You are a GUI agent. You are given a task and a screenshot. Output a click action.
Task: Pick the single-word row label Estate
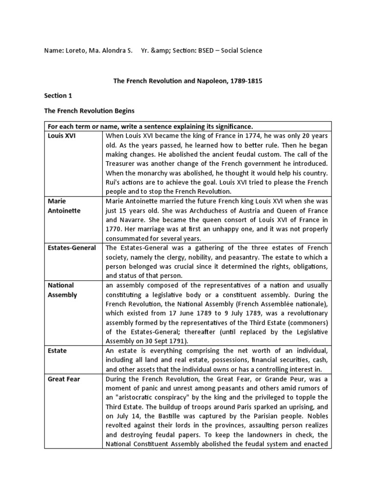click(x=57, y=351)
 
